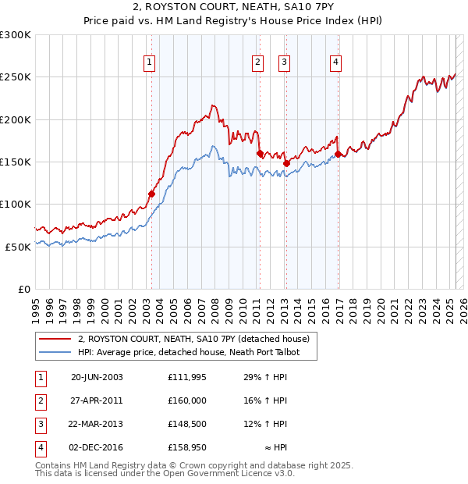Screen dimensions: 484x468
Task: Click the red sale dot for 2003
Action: [151, 194]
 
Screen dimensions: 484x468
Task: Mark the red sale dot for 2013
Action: [285, 163]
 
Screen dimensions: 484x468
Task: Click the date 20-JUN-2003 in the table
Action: [97, 377]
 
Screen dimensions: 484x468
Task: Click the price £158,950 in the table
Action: [187, 448]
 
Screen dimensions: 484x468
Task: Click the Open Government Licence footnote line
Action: [165, 473]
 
